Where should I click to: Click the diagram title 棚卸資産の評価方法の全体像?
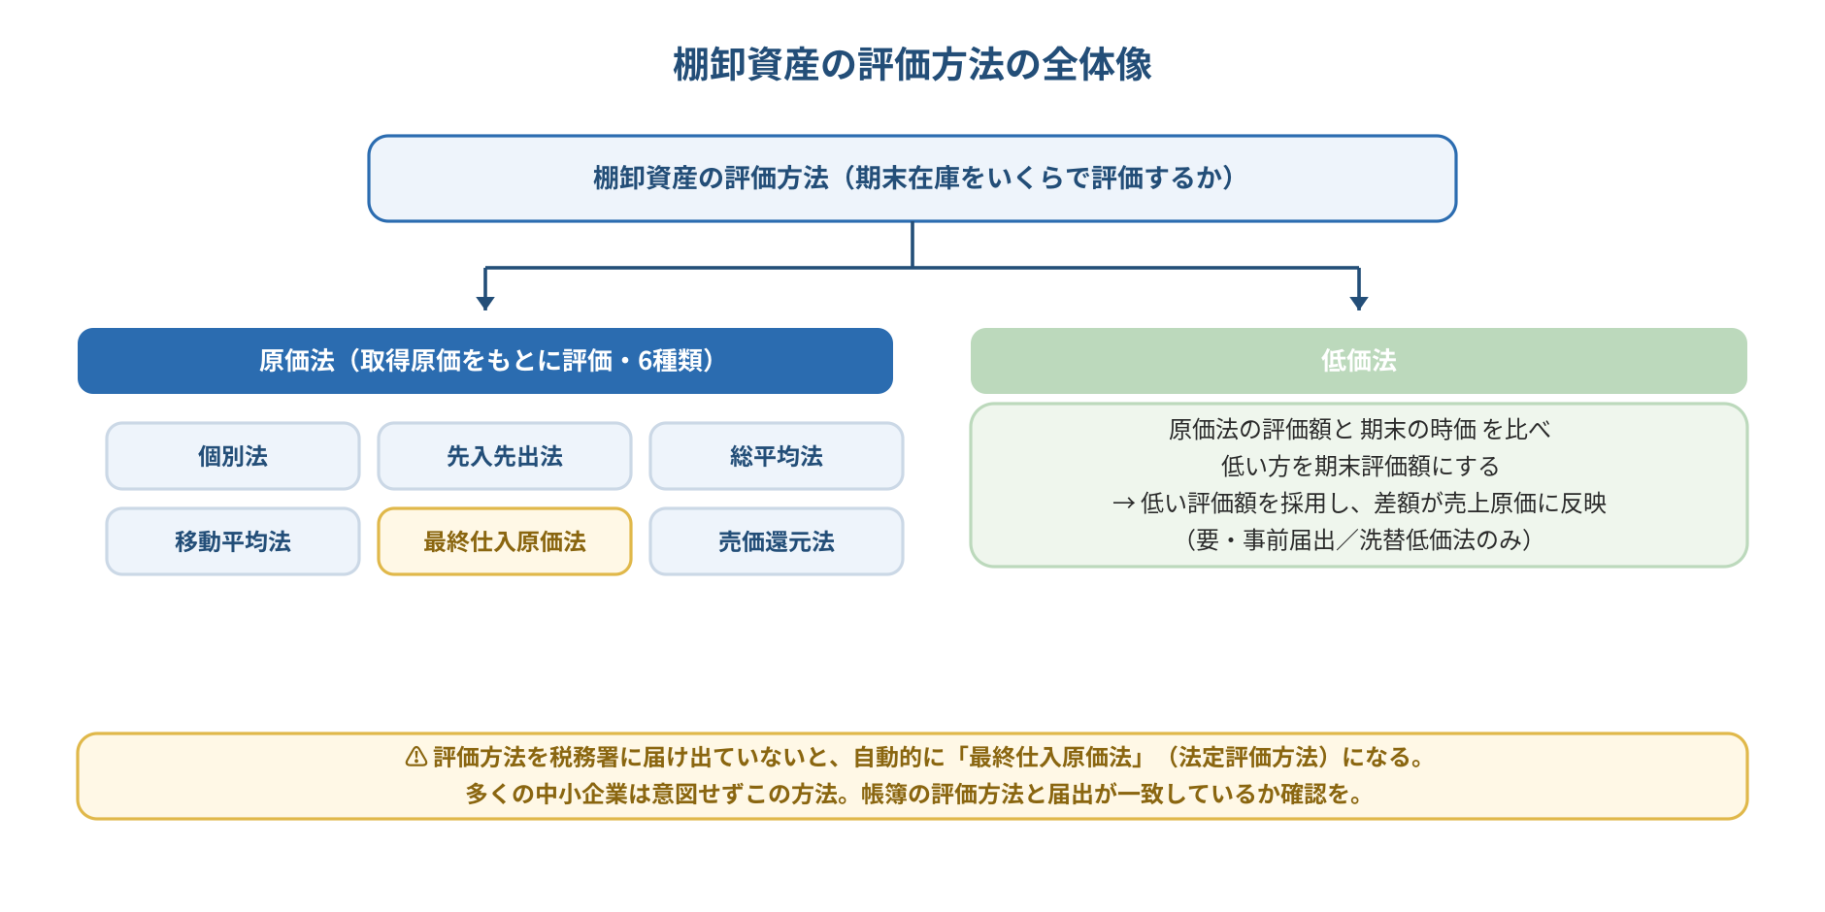pyautogui.click(x=912, y=65)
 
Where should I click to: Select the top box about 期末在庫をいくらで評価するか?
pyautogui.click(x=912, y=179)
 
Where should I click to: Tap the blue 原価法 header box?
pyautogui.click(x=485, y=361)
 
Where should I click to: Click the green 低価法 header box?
pyautogui.click(x=1359, y=361)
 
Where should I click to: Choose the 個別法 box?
pyautogui.click(x=233, y=456)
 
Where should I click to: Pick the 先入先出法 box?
pyautogui.click(x=505, y=456)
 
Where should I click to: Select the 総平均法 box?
pyautogui.click(x=777, y=456)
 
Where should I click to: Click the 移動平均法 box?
pyautogui.click(x=233, y=541)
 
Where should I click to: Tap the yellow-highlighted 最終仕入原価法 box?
pyautogui.click(x=505, y=541)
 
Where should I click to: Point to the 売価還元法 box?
pyautogui.click(x=777, y=541)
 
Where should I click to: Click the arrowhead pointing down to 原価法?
pyautogui.click(x=485, y=303)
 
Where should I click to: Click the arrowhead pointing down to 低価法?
pyautogui.click(x=1359, y=303)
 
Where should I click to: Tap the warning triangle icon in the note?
pyautogui.click(x=416, y=757)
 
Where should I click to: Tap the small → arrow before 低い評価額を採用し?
pyautogui.click(x=1123, y=504)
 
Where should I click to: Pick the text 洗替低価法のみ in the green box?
pyautogui.click(x=1440, y=539)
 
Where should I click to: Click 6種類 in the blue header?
pyautogui.click(x=670, y=361)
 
